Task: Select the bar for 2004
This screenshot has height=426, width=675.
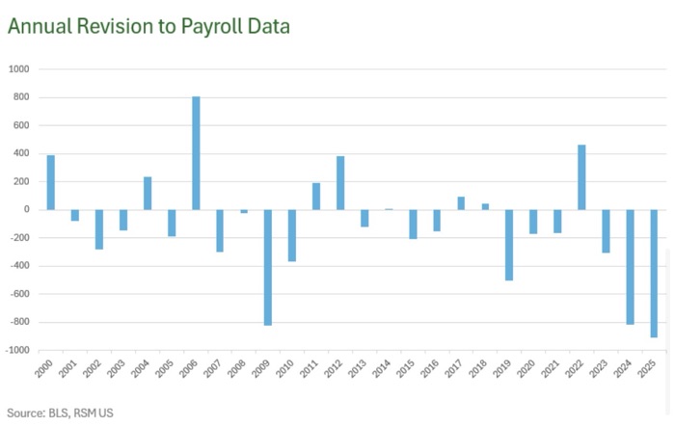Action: click(x=148, y=193)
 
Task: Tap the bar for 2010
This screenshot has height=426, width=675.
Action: click(x=292, y=235)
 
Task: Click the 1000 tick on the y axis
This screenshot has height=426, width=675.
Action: click(x=20, y=69)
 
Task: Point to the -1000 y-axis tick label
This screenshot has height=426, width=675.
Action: click(x=18, y=350)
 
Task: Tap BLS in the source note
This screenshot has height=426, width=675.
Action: click(x=58, y=412)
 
